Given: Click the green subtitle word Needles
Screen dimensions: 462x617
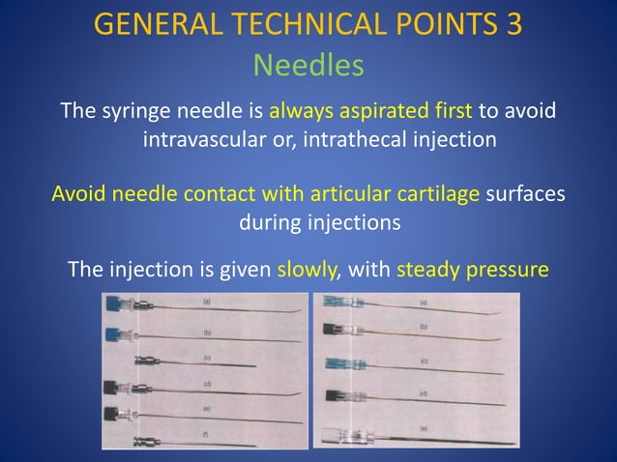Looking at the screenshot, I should pyautogui.click(x=308, y=66).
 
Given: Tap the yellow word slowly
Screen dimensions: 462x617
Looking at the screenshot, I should pyautogui.click(x=308, y=267).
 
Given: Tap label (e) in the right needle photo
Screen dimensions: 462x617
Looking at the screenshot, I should pyautogui.click(x=423, y=426).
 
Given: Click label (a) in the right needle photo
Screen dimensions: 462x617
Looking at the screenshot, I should pyautogui.click(x=423, y=303).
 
